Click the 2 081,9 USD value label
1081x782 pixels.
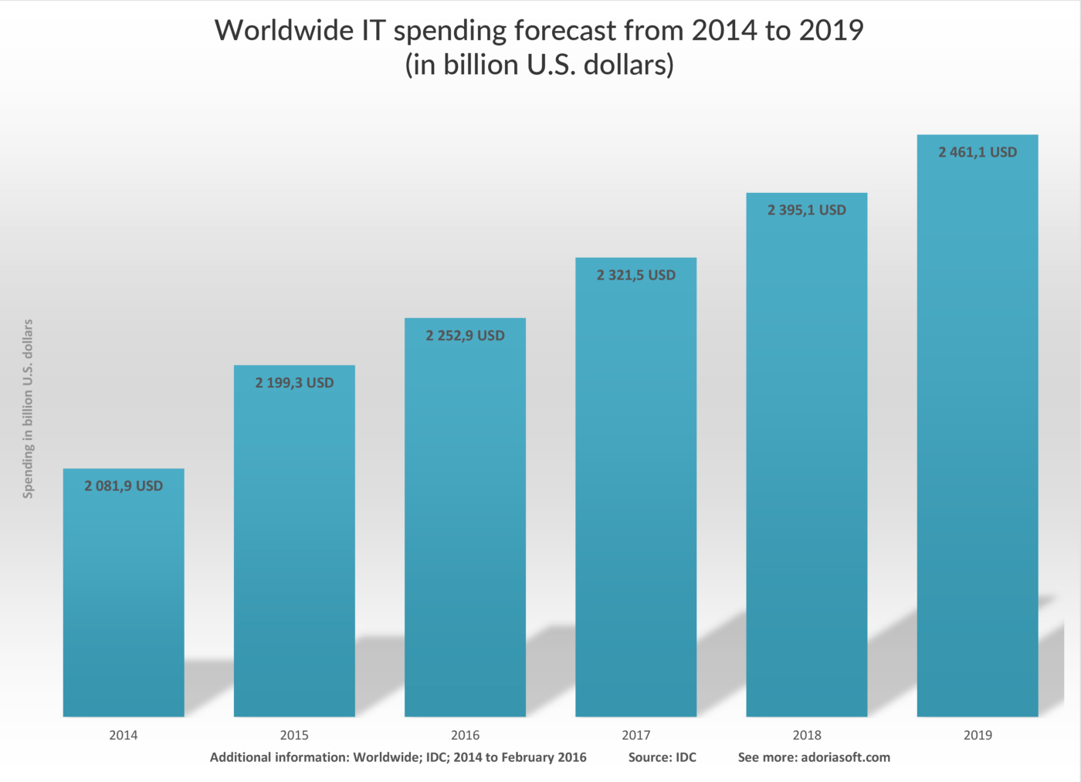pos(124,486)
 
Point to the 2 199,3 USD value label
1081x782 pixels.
pos(294,383)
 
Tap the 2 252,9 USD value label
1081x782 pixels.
pos(465,336)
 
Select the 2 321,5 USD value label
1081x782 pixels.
pos(635,276)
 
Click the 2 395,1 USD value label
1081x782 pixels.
pos(806,210)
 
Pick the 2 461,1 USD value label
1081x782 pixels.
pos(977,153)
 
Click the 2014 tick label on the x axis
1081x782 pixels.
pos(124,735)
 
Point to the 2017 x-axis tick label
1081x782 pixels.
pos(635,735)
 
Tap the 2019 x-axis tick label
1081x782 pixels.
pos(977,735)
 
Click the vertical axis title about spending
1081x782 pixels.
pos(28,408)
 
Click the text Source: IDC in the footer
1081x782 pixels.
pos(662,757)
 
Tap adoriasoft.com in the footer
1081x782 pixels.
pos(845,757)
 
